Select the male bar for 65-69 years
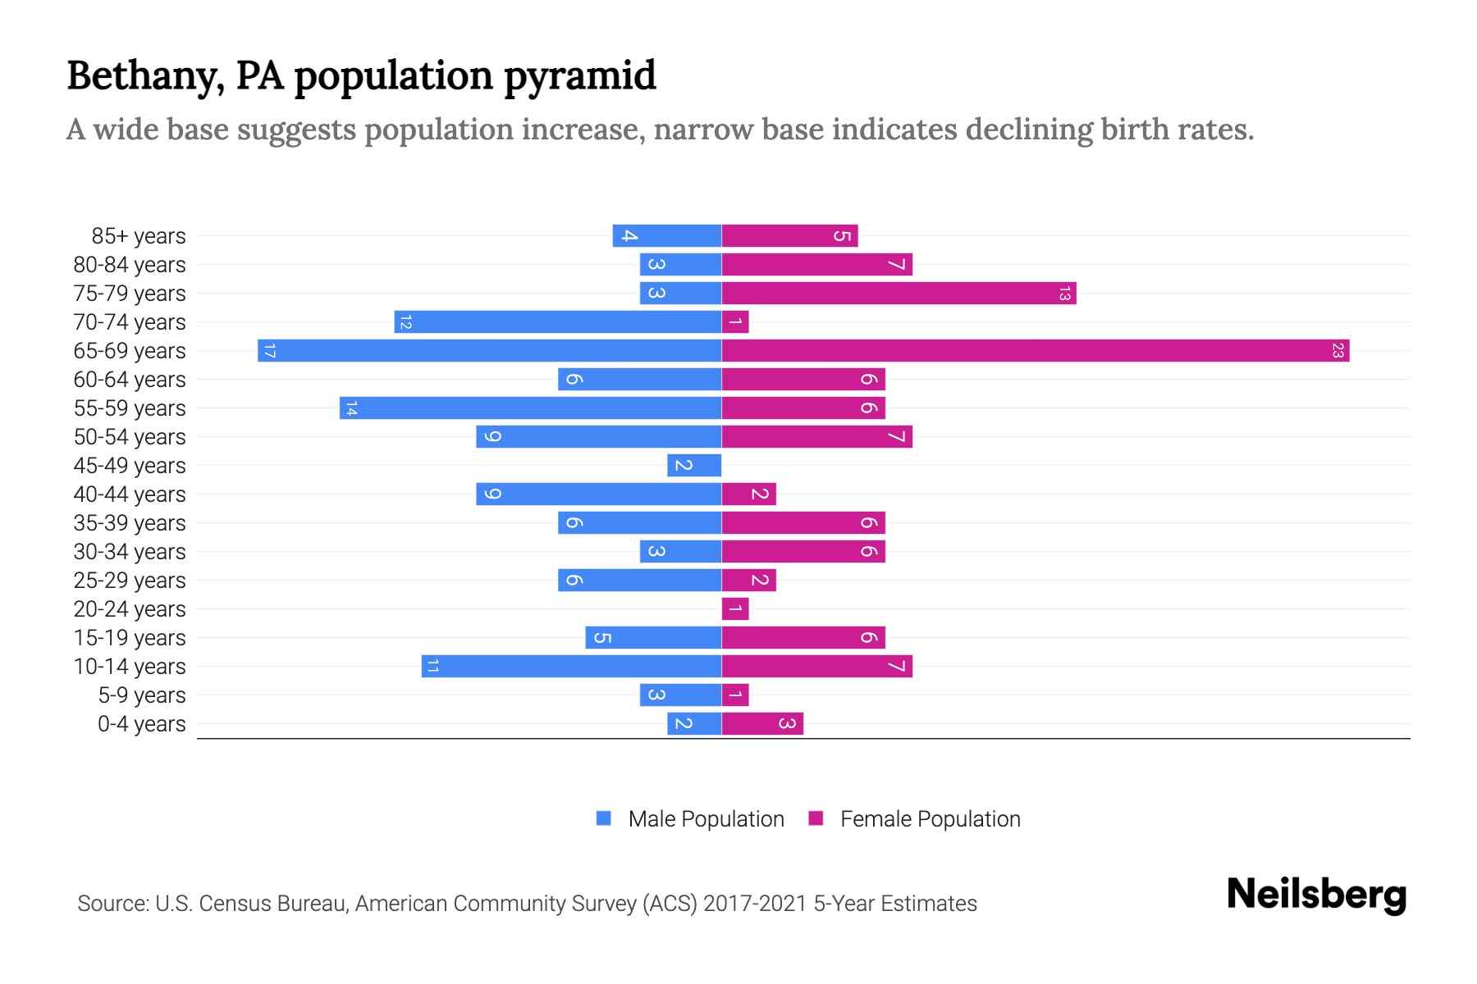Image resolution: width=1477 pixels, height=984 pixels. point(489,351)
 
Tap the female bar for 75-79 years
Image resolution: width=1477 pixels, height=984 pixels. point(899,294)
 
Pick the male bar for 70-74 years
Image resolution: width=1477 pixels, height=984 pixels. point(558,322)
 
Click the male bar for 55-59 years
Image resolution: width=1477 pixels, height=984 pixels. point(530,408)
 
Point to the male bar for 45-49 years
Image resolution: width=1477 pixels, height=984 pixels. point(694,466)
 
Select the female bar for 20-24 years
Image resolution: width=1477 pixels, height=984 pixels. point(735,609)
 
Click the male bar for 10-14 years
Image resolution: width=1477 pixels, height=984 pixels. point(571,667)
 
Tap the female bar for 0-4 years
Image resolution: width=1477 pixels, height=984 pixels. point(762,724)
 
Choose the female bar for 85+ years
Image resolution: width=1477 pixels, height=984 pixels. point(789,236)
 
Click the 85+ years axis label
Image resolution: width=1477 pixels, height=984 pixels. point(139,236)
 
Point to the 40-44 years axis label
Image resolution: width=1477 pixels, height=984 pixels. point(130,494)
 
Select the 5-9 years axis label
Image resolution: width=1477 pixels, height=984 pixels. point(142,695)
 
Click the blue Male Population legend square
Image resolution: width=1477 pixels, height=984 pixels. point(604,818)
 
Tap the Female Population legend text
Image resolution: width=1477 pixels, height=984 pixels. point(930,818)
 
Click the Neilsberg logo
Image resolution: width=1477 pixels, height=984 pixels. point(1316,895)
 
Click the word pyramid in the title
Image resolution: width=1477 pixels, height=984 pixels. point(579,76)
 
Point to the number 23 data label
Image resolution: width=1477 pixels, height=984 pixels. point(1338,351)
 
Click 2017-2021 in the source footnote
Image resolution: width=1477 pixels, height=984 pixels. point(755,904)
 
